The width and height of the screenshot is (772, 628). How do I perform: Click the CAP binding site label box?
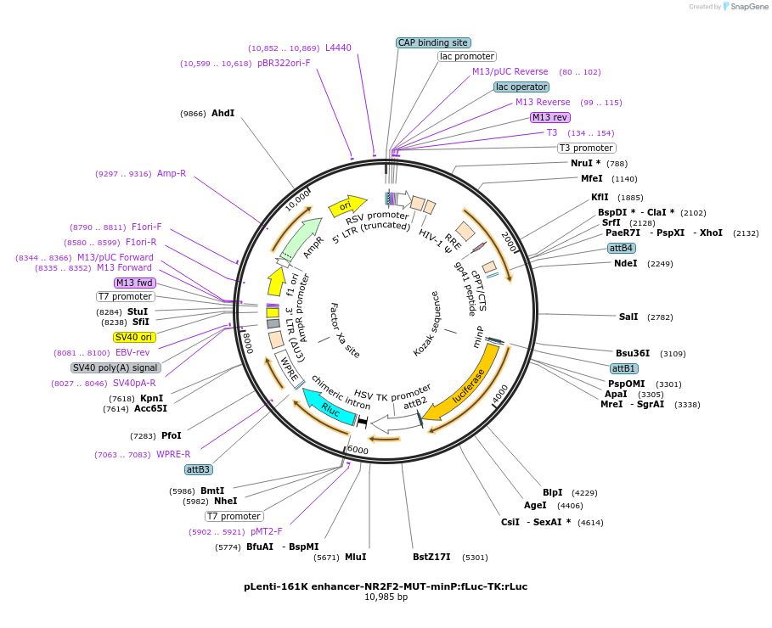point(433,42)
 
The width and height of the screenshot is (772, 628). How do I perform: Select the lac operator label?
point(521,87)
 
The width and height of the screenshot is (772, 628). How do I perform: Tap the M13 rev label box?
point(549,117)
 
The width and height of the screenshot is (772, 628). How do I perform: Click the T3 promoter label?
point(586,148)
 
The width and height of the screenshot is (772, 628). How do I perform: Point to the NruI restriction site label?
point(585,163)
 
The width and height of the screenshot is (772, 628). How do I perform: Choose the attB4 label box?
point(621,248)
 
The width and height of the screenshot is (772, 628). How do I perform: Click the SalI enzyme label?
point(628,317)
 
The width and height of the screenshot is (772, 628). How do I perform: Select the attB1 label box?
point(623,368)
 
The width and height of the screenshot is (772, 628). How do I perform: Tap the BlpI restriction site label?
point(552,492)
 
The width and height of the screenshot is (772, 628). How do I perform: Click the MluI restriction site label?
point(355,557)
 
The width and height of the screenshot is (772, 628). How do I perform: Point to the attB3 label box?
point(199,469)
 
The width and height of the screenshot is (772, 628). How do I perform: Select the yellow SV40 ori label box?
point(134,337)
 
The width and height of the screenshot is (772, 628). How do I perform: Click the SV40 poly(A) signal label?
point(116,367)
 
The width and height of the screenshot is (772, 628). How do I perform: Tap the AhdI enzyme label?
point(223,113)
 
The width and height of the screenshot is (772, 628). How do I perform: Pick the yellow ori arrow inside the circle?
point(347,205)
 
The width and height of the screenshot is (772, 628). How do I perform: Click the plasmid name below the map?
point(386,586)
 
